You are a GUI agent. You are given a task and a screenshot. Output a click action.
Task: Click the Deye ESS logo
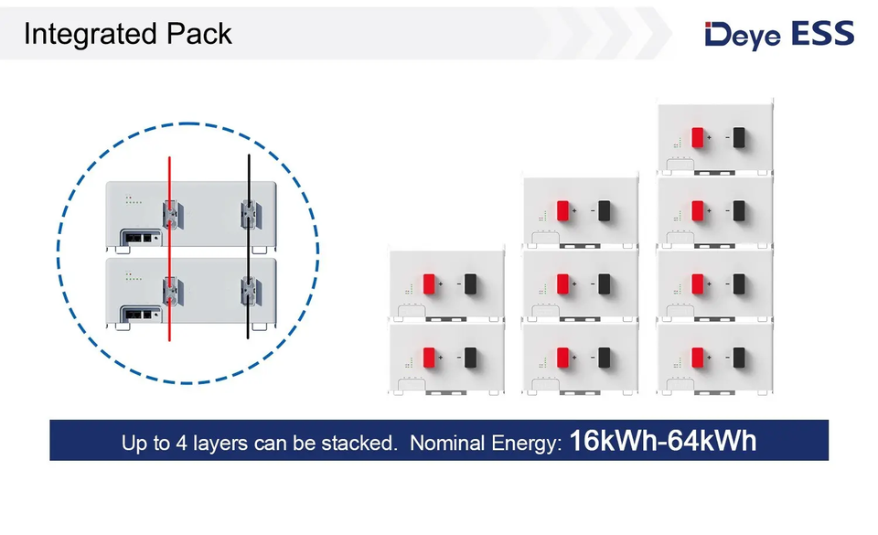pyautogui.click(x=779, y=35)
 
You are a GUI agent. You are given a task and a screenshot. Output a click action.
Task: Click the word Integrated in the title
pyautogui.click(x=79, y=35)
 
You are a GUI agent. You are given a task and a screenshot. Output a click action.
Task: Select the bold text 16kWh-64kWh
pyautogui.click(x=663, y=442)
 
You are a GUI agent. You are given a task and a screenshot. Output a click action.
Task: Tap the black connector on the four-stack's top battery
pyautogui.click(x=739, y=138)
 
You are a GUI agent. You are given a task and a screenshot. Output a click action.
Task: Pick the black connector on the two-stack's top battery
pyautogui.click(x=470, y=284)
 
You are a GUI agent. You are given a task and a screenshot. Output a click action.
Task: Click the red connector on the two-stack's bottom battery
pyautogui.click(x=430, y=357)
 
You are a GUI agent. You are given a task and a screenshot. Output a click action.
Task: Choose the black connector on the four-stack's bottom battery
pyautogui.click(x=739, y=357)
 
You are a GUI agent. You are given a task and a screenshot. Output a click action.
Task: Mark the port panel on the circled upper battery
pyautogui.click(x=134, y=236)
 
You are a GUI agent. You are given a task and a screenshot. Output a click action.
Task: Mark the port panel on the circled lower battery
pyautogui.click(x=134, y=313)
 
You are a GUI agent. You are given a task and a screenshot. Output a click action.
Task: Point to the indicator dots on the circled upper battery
pyautogui.click(x=132, y=199)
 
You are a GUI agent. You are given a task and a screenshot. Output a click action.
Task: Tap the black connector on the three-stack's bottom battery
pyautogui.click(x=603, y=357)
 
